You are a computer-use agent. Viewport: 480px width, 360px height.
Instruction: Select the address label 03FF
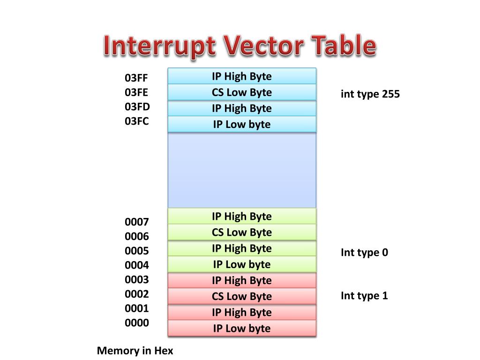pos(136,78)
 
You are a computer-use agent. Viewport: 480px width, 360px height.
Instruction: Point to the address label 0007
pos(137,222)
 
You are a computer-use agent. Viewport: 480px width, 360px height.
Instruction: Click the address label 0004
pos(137,265)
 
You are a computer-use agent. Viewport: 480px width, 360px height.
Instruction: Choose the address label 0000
pos(137,323)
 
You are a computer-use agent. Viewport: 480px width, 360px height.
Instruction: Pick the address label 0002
pos(137,294)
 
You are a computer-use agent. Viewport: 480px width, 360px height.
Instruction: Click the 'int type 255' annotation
pos(370,94)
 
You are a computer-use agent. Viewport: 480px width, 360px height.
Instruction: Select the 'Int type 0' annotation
pos(364,253)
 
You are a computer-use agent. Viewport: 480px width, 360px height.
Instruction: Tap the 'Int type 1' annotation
pos(364,296)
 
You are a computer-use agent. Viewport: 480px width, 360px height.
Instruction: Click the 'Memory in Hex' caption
pos(135,351)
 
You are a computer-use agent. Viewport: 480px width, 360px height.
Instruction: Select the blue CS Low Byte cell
pos(242,92)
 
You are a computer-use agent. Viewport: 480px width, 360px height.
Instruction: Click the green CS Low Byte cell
pos(242,232)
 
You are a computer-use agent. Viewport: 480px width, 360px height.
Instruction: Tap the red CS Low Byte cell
pos(242,296)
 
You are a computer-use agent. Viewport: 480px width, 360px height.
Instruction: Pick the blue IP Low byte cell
pos(242,124)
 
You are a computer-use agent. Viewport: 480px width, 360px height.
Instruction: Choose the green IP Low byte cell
pos(242,264)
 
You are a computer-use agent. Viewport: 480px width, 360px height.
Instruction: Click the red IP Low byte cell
pos(242,328)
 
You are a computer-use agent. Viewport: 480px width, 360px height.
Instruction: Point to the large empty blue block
pos(242,170)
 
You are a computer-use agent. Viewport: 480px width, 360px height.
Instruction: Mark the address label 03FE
pos(136,92)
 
